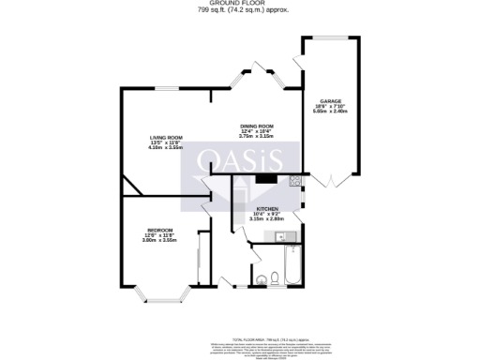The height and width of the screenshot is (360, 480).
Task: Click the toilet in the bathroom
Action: coord(271,277)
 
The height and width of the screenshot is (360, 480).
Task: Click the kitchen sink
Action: coord(292,233)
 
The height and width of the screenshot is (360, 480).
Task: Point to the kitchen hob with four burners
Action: coord(293,182)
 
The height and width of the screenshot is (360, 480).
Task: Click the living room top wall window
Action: coord(169,88)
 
